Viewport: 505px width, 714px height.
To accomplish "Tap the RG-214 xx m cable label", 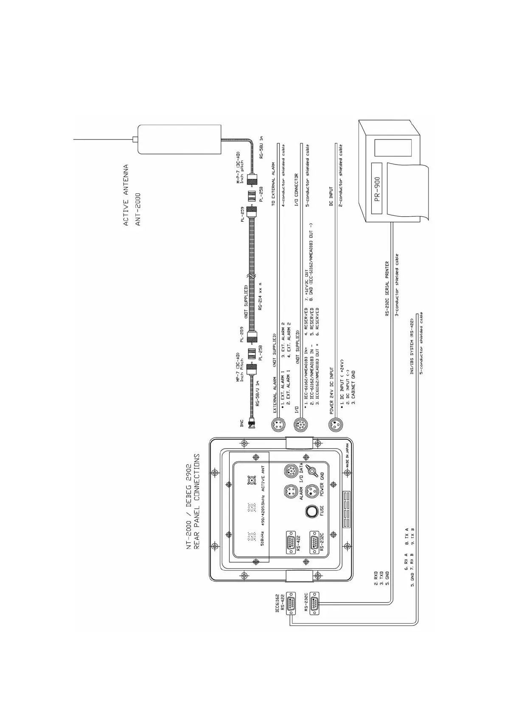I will pyautogui.click(x=261, y=296).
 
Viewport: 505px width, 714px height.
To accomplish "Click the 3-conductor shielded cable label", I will pyautogui.click(x=397, y=285).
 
